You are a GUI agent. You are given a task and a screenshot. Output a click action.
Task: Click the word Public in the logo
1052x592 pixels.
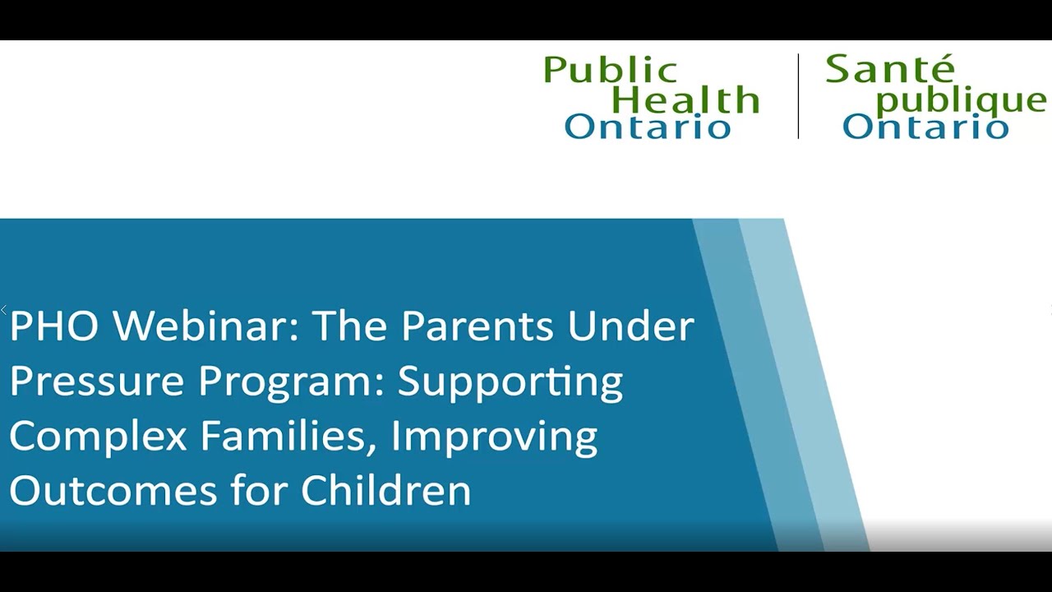(x=610, y=72)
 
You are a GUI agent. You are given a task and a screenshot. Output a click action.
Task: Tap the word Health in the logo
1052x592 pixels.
(x=685, y=100)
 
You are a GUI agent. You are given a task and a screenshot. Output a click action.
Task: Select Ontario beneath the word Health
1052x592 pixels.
(x=647, y=127)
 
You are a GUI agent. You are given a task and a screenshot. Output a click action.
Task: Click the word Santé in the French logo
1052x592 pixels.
(x=889, y=70)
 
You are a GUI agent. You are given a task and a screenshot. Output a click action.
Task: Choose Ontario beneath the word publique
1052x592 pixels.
(x=925, y=127)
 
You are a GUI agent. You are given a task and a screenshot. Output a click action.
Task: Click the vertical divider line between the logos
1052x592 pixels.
(x=798, y=96)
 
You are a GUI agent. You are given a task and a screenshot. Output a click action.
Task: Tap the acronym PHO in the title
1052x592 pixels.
(x=54, y=326)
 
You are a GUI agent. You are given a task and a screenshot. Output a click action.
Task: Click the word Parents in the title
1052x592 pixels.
(x=478, y=326)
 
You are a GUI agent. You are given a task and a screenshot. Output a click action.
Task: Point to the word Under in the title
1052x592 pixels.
(x=630, y=326)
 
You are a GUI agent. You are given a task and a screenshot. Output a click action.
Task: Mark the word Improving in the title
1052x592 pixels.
(x=494, y=437)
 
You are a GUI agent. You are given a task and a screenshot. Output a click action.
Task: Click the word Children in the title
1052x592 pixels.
(x=385, y=490)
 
